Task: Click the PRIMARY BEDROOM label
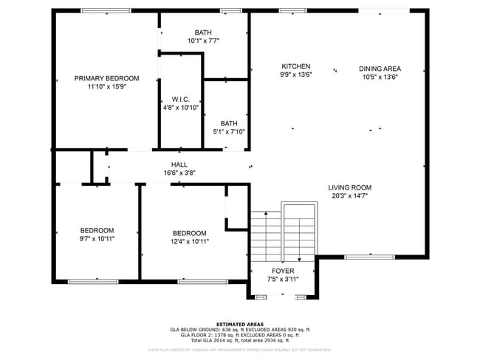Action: pos(106,78)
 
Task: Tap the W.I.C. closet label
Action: pos(181,99)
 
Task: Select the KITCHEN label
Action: pos(295,66)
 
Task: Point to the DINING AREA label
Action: pos(380,69)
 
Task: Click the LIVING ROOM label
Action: pos(349,187)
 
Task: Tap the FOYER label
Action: pos(282,271)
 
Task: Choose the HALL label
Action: pos(179,165)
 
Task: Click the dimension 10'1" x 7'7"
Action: pos(203,41)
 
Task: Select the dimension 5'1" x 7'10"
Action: pos(228,132)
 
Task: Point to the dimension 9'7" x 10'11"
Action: pos(97,239)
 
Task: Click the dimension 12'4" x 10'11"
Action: pos(189,241)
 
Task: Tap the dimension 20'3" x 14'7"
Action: pos(349,196)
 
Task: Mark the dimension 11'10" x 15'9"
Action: pos(106,87)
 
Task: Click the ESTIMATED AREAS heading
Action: pos(239,323)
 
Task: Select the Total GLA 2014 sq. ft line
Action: pos(239,340)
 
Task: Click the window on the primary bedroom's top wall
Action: pos(101,10)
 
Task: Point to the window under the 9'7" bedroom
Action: pos(93,281)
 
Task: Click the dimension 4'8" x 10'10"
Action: pos(181,108)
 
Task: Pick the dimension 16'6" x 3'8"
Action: pos(179,173)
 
